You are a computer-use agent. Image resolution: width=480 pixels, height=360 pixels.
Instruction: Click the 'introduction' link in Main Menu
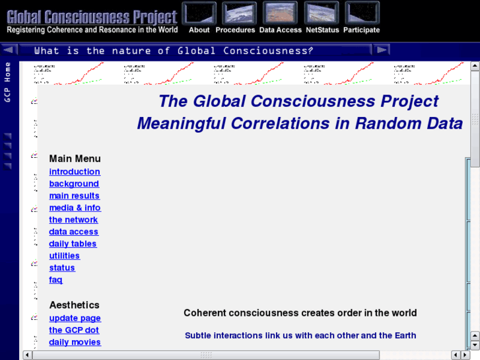(x=75, y=172)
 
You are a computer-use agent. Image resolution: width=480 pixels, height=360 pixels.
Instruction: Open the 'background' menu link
(x=74, y=184)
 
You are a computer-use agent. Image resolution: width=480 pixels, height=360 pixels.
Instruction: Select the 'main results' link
(x=74, y=196)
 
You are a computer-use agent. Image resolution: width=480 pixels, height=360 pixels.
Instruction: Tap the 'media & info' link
(x=75, y=207)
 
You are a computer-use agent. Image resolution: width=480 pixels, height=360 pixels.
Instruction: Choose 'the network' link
(x=73, y=220)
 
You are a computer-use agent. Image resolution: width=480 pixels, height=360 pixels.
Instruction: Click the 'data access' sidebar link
(x=73, y=232)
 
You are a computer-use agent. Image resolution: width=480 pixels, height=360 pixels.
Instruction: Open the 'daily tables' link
(x=73, y=244)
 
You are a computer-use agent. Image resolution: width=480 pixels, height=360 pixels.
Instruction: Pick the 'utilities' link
(x=64, y=256)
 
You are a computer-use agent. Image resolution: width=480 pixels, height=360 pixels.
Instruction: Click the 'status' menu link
(x=62, y=268)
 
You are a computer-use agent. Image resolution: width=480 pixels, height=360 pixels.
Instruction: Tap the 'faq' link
(x=55, y=279)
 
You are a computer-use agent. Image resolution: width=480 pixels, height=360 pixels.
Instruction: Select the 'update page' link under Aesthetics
(x=75, y=318)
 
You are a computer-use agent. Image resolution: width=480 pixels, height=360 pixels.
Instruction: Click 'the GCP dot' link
(x=74, y=330)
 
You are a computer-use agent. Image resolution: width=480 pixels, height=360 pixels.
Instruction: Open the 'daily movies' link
(x=75, y=342)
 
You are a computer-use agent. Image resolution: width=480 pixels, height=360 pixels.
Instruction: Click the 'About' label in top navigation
(x=199, y=30)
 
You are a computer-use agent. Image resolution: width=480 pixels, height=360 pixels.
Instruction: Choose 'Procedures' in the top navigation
(x=235, y=30)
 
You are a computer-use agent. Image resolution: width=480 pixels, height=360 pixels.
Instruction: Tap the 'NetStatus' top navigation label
(x=322, y=30)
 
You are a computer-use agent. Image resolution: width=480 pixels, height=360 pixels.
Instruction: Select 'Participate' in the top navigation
(x=361, y=30)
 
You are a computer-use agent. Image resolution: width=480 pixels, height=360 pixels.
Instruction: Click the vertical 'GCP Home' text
(x=8, y=82)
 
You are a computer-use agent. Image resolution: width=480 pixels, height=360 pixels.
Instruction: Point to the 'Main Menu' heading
(x=75, y=159)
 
